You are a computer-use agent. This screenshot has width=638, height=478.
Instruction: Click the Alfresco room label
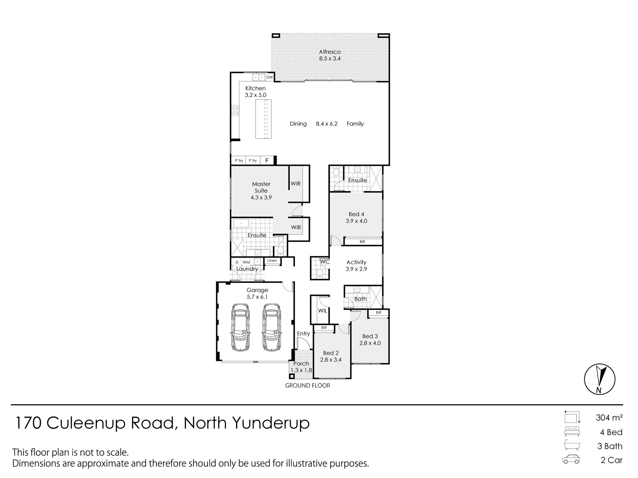click(330, 52)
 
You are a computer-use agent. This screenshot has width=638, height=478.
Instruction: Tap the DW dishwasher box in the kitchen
click(270, 77)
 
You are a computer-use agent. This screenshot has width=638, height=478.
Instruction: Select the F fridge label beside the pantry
click(267, 161)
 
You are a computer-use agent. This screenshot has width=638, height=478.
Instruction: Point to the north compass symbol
click(599, 379)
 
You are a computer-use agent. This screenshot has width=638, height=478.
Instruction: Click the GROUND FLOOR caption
click(308, 385)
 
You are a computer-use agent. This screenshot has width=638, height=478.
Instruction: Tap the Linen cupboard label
click(272, 260)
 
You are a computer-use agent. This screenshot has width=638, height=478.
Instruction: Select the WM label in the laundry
click(246, 262)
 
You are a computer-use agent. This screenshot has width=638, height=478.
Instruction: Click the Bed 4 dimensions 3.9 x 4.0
click(356, 221)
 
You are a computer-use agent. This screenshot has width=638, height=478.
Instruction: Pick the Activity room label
click(356, 262)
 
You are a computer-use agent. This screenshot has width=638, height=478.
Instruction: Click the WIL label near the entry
click(322, 311)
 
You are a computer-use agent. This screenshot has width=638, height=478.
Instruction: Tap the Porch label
click(301, 364)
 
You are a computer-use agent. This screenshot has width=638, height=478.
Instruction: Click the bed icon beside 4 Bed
click(572, 432)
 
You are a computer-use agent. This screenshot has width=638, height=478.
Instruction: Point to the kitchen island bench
click(264, 119)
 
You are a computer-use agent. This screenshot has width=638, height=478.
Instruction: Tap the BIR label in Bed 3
click(379, 313)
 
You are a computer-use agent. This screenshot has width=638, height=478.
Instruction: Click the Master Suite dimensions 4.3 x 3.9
click(261, 198)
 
